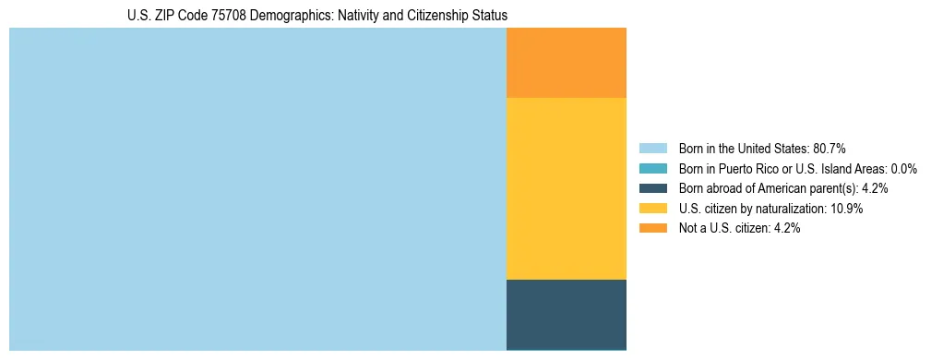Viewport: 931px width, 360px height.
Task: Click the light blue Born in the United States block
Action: (x=257, y=189)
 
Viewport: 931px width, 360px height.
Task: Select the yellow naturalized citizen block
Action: (x=567, y=188)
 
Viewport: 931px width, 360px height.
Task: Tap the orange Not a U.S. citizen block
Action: (x=567, y=63)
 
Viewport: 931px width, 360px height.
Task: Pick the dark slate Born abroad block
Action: (x=567, y=314)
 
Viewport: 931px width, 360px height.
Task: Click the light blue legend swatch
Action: (x=652, y=149)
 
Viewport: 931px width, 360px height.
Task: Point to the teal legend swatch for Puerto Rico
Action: (x=652, y=169)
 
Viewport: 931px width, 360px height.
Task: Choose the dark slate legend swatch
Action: (x=652, y=188)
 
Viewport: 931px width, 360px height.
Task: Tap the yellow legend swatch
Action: (x=652, y=209)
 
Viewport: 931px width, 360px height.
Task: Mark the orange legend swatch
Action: (x=652, y=229)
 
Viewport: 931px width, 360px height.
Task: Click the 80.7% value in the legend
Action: (x=829, y=149)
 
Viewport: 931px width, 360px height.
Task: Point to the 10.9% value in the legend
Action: (x=846, y=209)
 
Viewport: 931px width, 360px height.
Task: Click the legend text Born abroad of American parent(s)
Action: (x=768, y=188)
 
